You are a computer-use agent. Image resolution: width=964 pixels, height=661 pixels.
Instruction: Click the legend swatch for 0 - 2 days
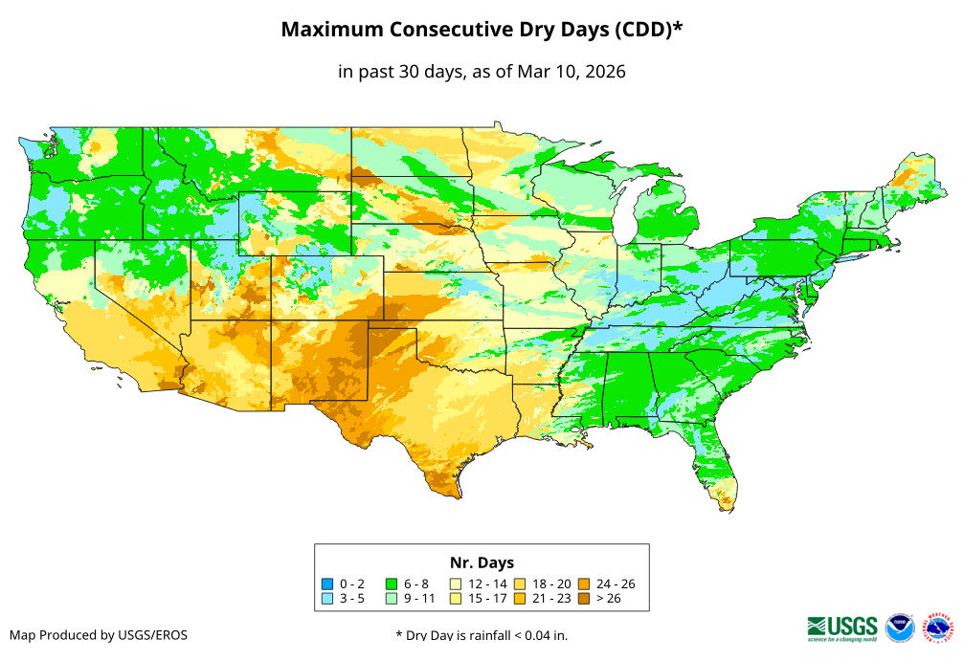click(x=327, y=584)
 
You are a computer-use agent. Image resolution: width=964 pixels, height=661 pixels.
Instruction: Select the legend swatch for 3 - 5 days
click(x=327, y=598)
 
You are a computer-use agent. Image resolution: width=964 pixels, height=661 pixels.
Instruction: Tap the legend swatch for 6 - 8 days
click(x=392, y=584)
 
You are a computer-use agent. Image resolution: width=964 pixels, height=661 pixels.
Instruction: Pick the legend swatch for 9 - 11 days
click(x=392, y=598)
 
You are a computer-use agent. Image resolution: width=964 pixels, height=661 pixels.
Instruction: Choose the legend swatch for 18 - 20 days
click(x=520, y=584)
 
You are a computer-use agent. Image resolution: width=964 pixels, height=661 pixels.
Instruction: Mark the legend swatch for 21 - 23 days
click(x=520, y=598)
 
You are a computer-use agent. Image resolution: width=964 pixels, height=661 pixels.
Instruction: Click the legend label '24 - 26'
click(x=616, y=584)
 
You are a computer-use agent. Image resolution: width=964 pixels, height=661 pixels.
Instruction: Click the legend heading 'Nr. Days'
click(x=482, y=562)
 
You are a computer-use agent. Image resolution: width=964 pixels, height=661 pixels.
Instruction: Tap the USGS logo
click(x=842, y=627)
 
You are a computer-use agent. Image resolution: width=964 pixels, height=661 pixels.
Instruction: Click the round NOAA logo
click(x=900, y=628)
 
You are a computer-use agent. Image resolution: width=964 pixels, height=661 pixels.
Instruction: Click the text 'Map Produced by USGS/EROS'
click(x=99, y=635)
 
